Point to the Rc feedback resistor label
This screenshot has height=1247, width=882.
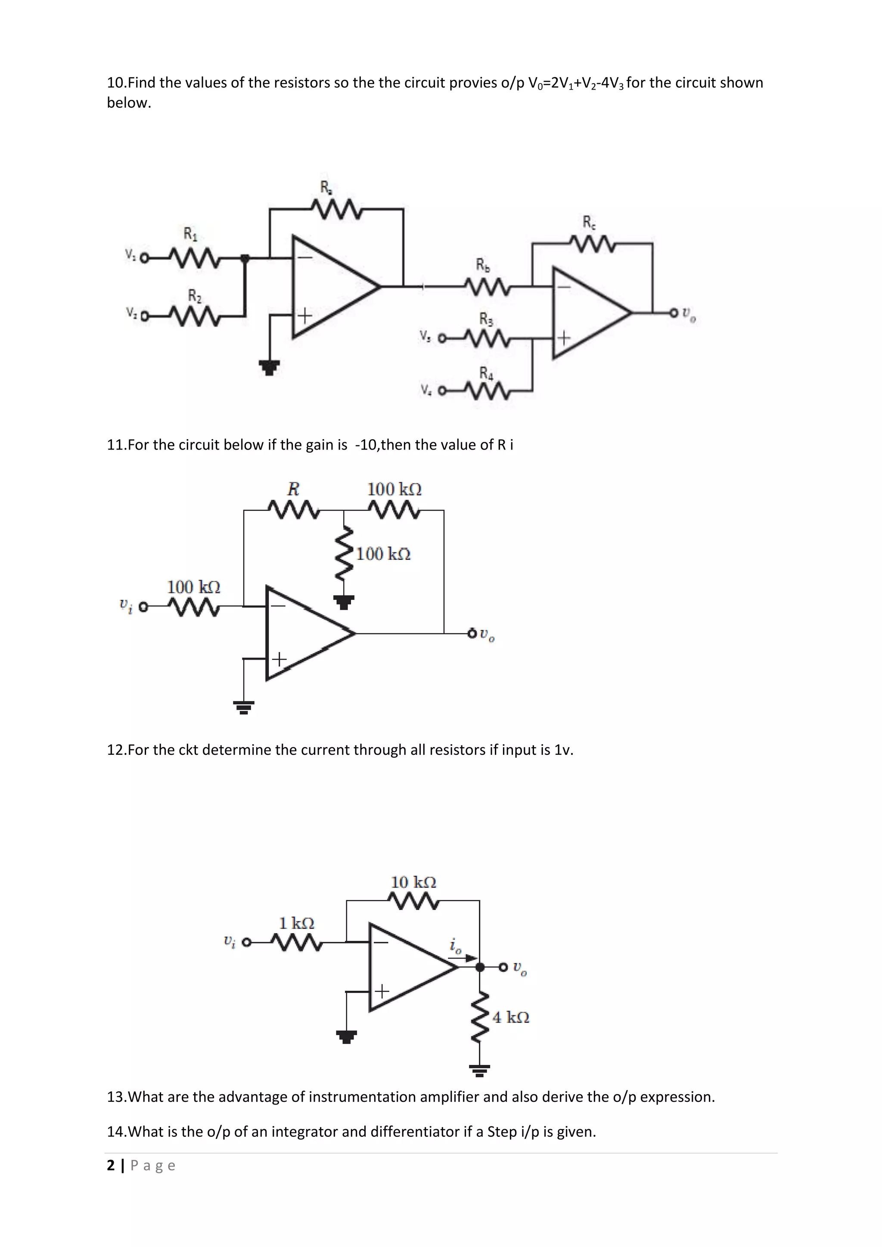click(x=589, y=222)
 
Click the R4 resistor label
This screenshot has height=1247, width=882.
click(x=486, y=373)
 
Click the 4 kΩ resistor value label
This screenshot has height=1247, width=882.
click(x=510, y=1017)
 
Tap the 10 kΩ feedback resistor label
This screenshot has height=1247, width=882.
click(x=413, y=882)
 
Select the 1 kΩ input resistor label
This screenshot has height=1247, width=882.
click(x=297, y=923)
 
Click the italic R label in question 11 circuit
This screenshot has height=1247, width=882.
click(x=293, y=489)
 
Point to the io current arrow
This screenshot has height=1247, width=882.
click(x=470, y=958)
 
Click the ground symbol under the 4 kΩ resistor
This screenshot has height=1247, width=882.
click(x=480, y=1070)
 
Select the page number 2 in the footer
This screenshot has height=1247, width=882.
click(x=112, y=1166)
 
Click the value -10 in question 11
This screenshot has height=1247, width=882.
click(x=366, y=445)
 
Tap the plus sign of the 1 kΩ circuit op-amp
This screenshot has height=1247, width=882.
click(x=382, y=991)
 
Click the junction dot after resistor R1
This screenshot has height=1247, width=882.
click(x=245, y=258)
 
